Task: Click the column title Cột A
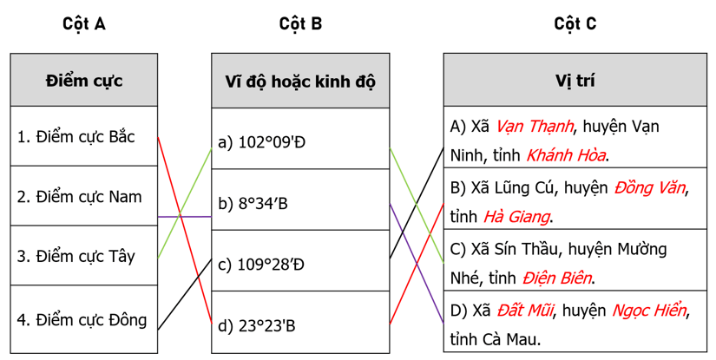[x=84, y=23]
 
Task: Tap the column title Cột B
[x=300, y=23]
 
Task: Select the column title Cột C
[x=575, y=23]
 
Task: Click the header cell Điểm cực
[x=84, y=81]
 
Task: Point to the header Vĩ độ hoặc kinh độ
[x=300, y=82]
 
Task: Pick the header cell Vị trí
[x=575, y=81]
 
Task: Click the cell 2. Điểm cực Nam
[x=79, y=197]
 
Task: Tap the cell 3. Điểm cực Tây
[x=76, y=257]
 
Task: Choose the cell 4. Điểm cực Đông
[x=82, y=319]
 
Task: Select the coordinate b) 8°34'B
[x=253, y=204]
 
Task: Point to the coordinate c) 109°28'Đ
[x=261, y=265]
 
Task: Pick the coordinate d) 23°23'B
[x=257, y=326]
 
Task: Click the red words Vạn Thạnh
[x=535, y=127]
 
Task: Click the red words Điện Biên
[x=557, y=278]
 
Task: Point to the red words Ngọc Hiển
[x=649, y=310]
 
